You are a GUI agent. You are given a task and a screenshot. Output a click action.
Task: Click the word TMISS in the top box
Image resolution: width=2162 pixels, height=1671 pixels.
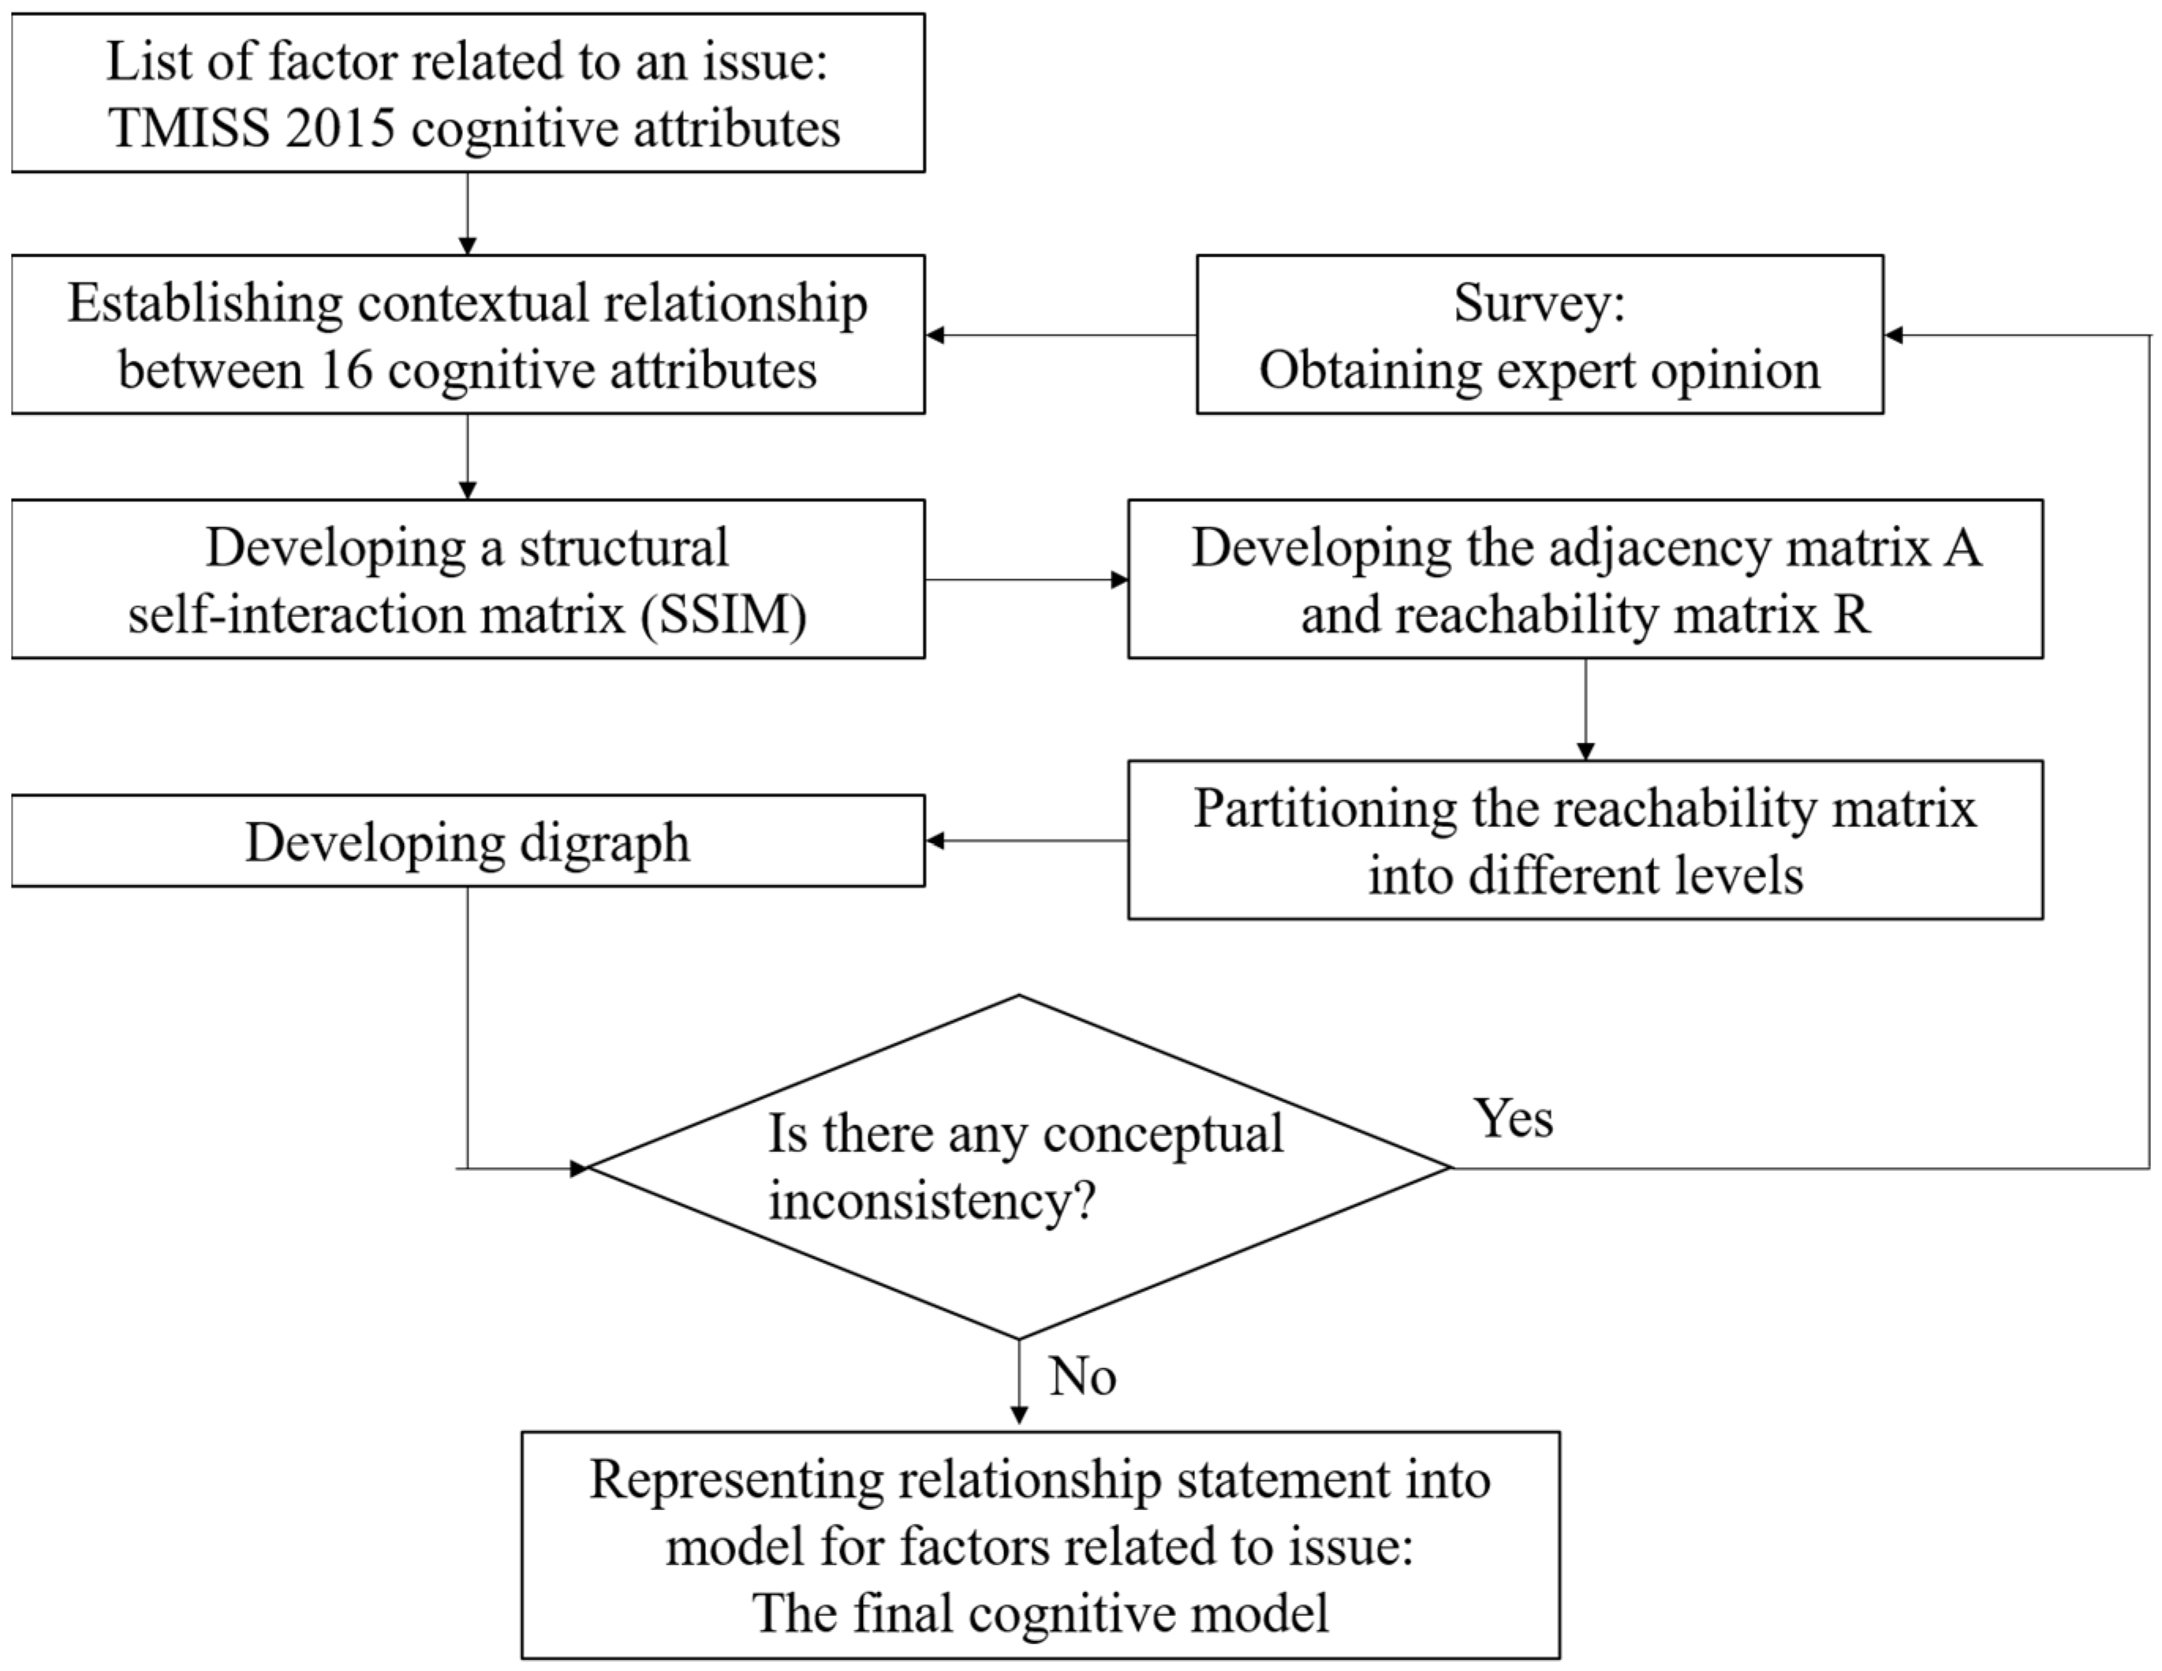click(188, 129)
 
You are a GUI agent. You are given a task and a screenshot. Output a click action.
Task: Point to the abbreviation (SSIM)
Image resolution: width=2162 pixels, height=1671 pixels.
click(723, 615)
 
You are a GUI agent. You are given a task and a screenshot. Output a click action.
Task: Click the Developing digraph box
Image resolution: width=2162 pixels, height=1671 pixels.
click(467, 842)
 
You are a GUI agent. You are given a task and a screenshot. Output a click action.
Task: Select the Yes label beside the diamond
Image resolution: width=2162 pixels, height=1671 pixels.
click(1513, 1119)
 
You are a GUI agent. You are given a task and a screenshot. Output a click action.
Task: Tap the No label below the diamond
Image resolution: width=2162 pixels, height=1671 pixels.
click(1082, 1376)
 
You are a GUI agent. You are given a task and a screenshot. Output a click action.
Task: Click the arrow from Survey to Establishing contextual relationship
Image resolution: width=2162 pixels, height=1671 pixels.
click(1059, 335)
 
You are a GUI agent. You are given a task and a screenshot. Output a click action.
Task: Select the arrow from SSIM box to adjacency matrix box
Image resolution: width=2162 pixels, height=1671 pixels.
click(1025, 579)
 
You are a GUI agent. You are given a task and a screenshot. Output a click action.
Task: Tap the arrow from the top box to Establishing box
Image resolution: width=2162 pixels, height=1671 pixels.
click(467, 213)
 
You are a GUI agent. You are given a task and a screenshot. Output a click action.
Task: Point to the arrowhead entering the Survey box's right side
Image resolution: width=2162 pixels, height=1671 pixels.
click(1894, 335)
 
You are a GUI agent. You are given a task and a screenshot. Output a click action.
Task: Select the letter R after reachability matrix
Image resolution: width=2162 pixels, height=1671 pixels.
click(1852, 615)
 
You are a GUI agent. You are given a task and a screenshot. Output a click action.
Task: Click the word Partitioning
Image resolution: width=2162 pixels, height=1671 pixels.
click(1324, 809)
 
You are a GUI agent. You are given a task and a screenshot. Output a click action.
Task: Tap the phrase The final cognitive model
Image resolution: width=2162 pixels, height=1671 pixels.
click(1040, 1613)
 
